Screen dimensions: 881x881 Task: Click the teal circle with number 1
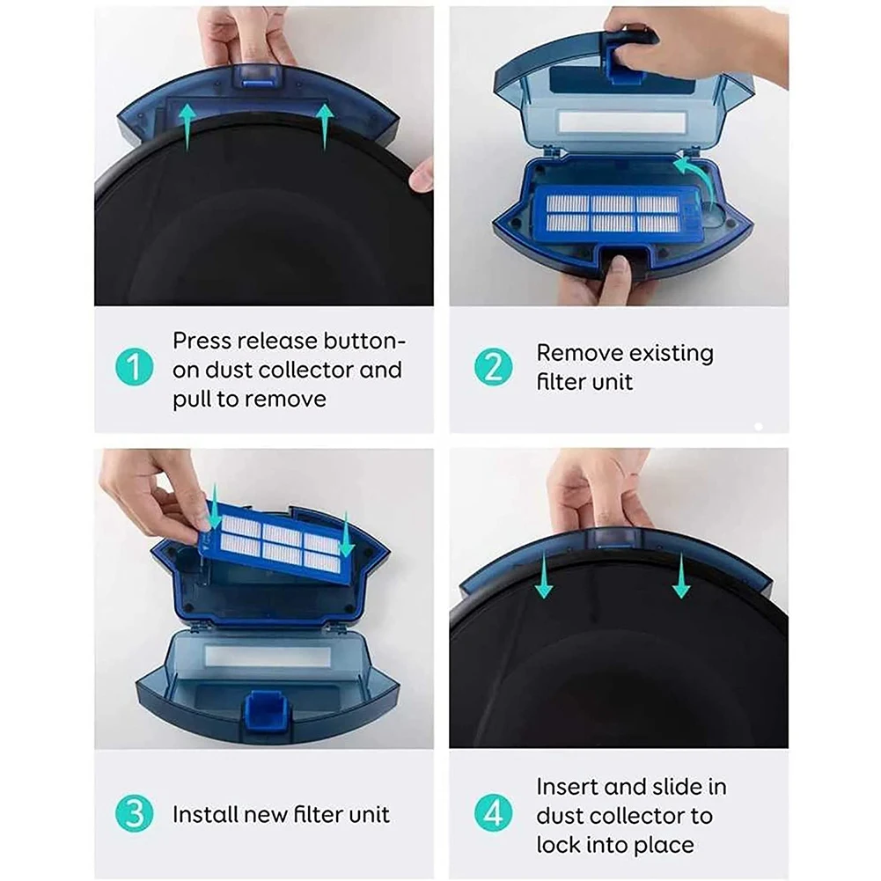pos(134,367)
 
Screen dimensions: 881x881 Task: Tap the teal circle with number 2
pos(493,367)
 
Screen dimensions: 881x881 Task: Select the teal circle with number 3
pos(134,813)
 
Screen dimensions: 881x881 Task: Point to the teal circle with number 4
pos(493,814)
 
